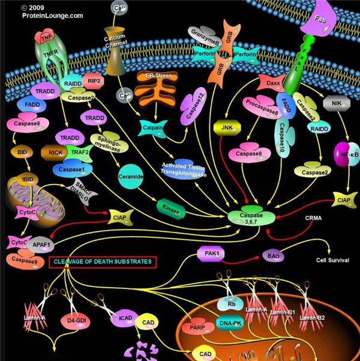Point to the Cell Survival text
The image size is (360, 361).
(x=333, y=261)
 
